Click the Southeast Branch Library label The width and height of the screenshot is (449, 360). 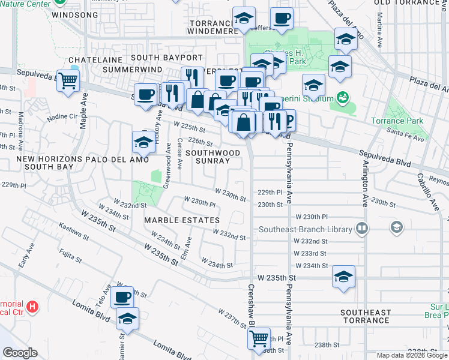click(306, 229)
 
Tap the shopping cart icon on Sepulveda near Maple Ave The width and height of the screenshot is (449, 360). click(68, 80)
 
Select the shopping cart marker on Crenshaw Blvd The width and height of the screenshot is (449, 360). click(259, 338)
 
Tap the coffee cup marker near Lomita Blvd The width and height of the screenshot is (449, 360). click(122, 296)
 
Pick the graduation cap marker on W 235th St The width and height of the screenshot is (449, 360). click(343, 277)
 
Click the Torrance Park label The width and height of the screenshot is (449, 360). click(405, 121)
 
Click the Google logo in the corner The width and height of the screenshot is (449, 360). click(20, 353)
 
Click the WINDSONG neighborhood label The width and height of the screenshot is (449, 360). click(74, 14)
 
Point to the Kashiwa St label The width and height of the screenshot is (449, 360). click(74, 236)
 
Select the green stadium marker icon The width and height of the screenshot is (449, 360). click(343, 97)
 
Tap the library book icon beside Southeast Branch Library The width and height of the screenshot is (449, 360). click(361, 228)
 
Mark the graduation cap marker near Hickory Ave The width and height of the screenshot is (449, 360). click(143, 142)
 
